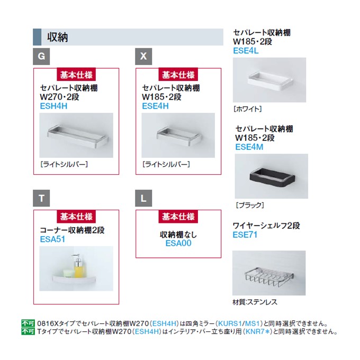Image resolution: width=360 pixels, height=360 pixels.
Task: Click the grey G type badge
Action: click(x=41, y=57)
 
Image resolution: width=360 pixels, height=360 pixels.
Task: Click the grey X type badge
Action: click(x=143, y=57)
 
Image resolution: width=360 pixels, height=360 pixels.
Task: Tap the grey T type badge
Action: click(x=41, y=198)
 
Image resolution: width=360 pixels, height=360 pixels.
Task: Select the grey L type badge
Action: click(x=143, y=198)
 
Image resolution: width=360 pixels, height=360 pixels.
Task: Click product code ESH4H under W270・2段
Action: click(x=53, y=106)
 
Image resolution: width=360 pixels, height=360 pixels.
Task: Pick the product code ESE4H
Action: click(x=156, y=106)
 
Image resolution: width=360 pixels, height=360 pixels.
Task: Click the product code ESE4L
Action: click(x=246, y=51)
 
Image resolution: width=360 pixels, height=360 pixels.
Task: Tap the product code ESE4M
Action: click(x=249, y=147)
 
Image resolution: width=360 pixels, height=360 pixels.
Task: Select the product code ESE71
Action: click(x=245, y=235)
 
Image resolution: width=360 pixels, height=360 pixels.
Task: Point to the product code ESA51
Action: click(x=52, y=239)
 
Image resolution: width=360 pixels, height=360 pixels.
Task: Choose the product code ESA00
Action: click(x=178, y=244)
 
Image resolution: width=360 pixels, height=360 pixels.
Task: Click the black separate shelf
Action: click(x=272, y=177)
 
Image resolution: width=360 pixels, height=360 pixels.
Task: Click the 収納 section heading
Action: click(x=57, y=37)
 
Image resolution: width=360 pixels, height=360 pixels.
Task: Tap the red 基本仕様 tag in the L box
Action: click(x=178, y=217)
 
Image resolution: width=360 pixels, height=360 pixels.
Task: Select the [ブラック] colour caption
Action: click(x=250, y=205)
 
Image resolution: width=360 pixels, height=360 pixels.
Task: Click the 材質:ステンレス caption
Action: click(x=255, y=302)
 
